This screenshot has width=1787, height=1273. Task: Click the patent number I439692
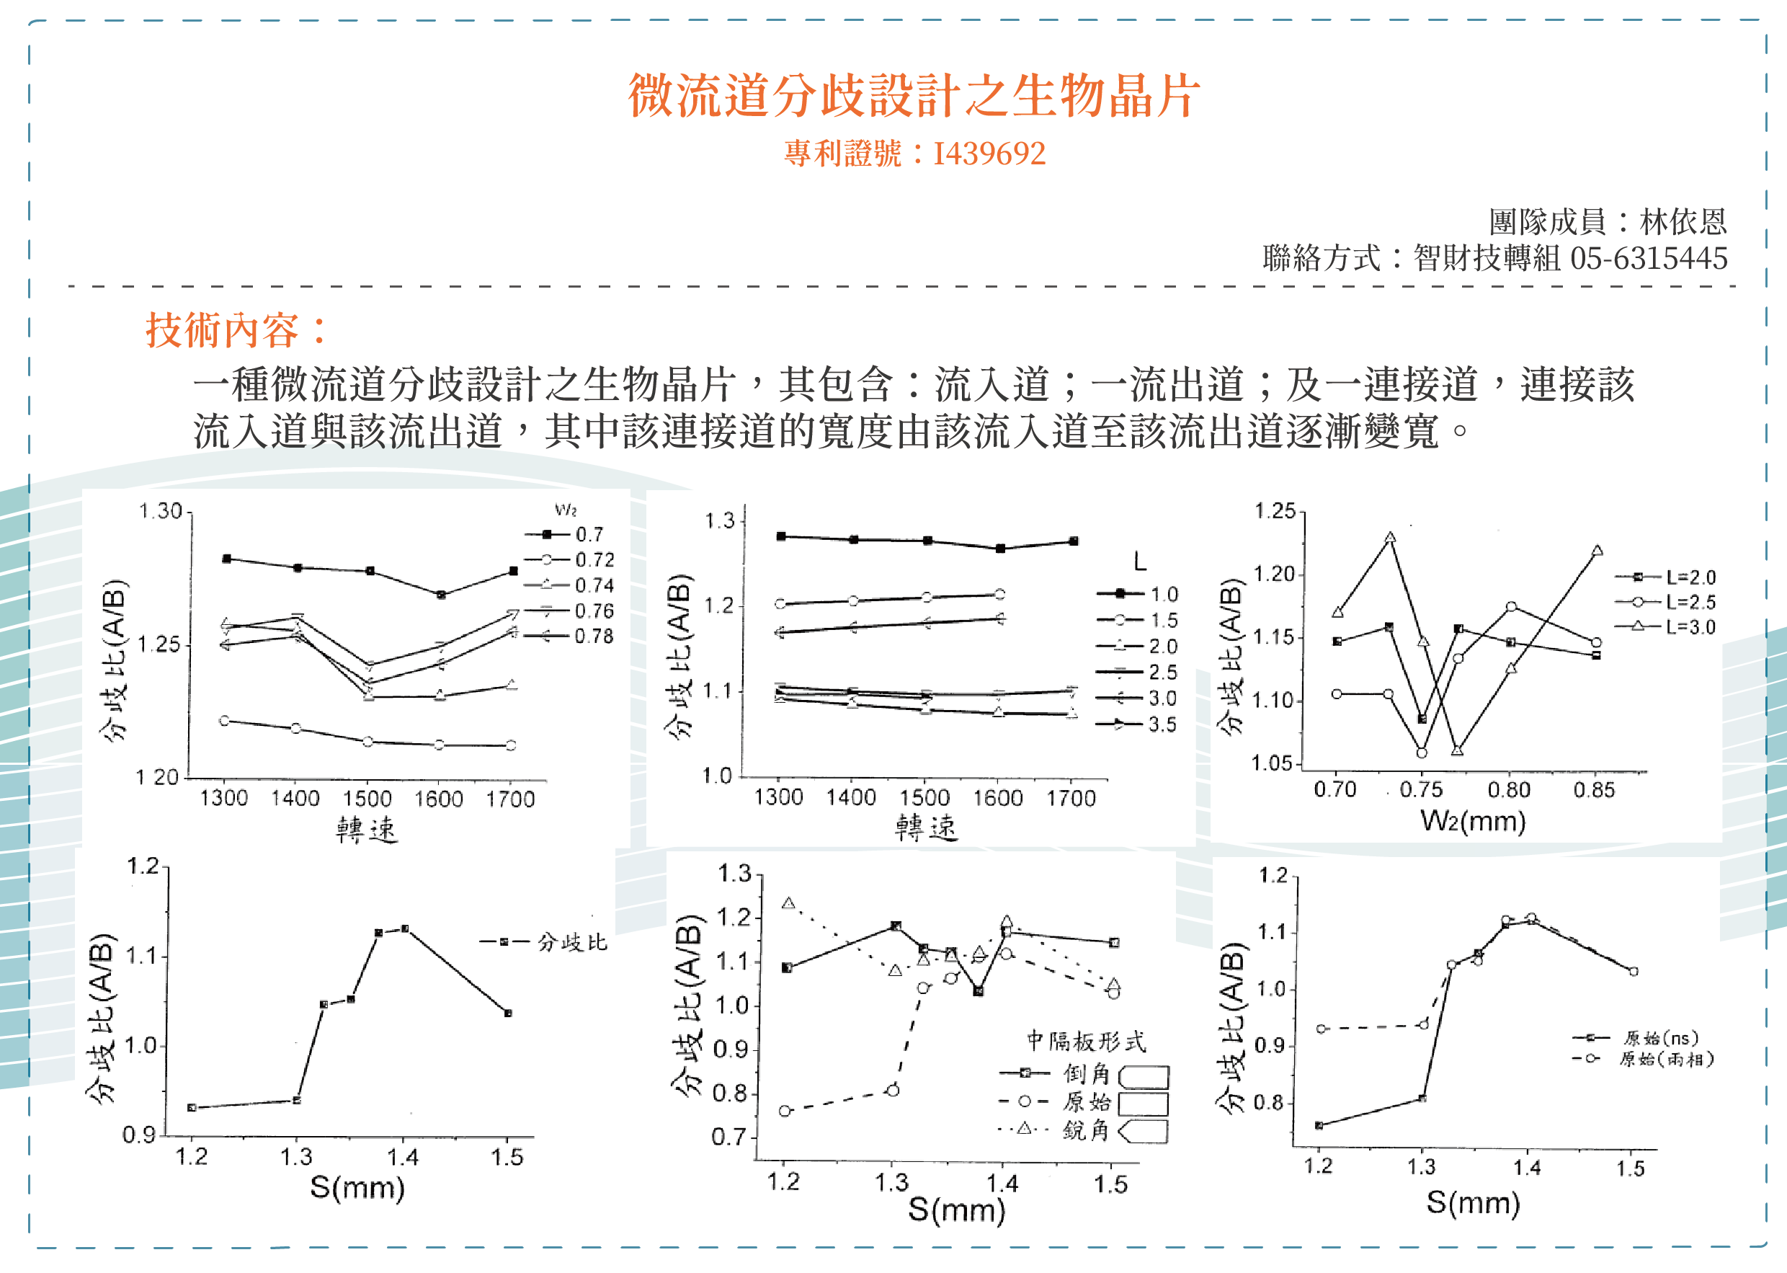click(x=989, y=154)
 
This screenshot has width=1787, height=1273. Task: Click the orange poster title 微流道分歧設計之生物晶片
click(x=914, y=96)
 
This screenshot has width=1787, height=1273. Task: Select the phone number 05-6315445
click(x=1649, y=259)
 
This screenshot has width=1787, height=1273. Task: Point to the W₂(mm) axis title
click(x=1473, y=821)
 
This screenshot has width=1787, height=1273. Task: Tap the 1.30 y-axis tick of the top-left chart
click(x=161, y=512)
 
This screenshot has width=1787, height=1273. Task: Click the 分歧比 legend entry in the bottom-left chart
click(x=572, y=942)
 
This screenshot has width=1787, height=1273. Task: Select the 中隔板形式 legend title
click(x=1086, y=1041)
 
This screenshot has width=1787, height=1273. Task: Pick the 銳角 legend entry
click(x=1086, y=1130)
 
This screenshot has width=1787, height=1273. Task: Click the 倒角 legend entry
click(x=1086, y=1073)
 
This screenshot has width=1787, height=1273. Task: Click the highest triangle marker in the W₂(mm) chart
click(x=1390, y=538)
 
